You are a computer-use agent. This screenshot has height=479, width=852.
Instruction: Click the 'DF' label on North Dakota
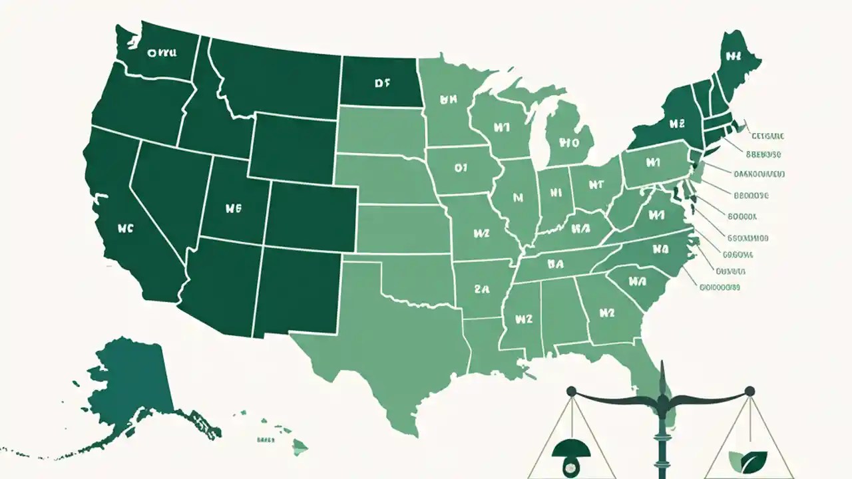(x=381, y=84)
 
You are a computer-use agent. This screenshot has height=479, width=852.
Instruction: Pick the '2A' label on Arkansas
(x=481, y=289)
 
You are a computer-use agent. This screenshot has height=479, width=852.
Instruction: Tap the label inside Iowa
(x=461, y=168)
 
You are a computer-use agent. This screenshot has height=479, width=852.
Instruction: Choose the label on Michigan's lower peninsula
(x=569, y=142)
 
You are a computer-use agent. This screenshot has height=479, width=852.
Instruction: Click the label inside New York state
(x=676, y=123)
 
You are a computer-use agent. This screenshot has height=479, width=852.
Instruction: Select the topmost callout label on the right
(x=767, y=136)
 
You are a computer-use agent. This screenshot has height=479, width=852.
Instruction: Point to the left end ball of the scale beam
(x=570, y=391)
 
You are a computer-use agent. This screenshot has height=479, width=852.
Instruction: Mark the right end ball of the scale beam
(x=749, y=391)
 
